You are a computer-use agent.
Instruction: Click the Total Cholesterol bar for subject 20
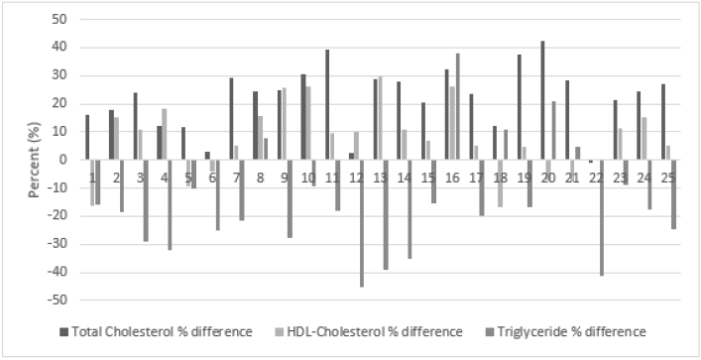(542, 100)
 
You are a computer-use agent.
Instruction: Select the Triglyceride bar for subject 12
(361, 223)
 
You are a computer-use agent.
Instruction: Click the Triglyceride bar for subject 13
(385, 214)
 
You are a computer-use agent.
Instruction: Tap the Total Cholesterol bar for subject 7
(231, 119)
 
